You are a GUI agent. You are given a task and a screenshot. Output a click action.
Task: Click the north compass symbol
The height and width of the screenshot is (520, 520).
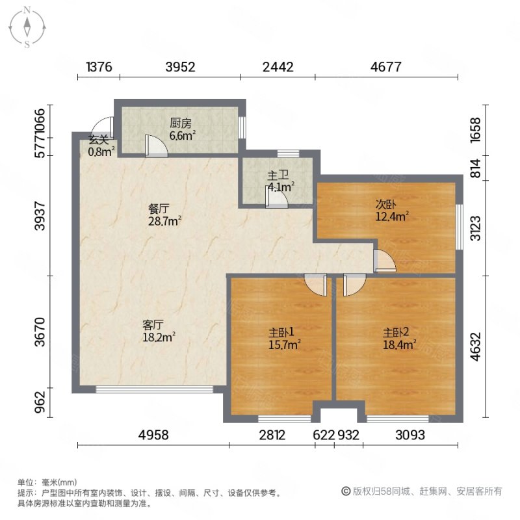27,27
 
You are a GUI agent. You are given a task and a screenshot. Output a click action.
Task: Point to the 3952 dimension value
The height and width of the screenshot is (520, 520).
179,66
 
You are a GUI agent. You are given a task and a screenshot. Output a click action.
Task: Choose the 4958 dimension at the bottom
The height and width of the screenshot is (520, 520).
153,435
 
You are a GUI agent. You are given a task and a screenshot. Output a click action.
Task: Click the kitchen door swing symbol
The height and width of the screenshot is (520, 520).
156,146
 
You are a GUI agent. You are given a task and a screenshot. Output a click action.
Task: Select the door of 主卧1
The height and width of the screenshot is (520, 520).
315,284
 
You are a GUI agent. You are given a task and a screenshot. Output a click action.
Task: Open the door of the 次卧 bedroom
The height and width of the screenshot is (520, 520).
384,260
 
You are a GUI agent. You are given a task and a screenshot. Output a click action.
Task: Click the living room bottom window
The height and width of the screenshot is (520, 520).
154,389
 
